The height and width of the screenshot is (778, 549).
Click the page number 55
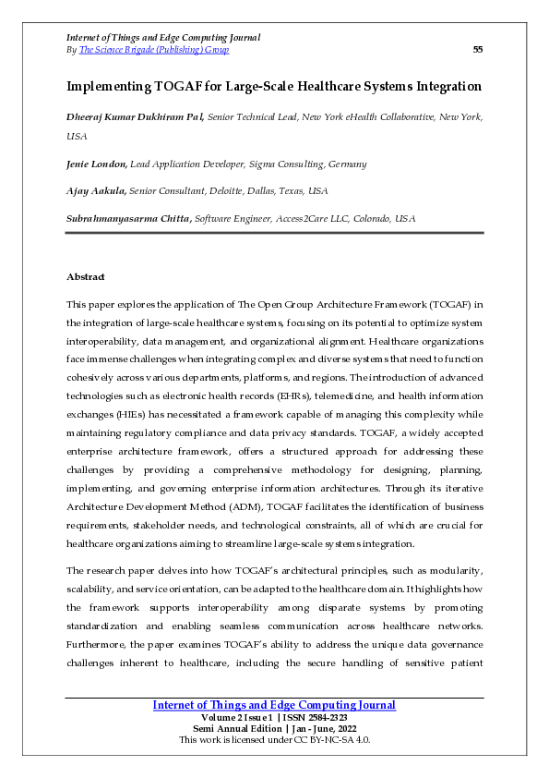pos(477,49)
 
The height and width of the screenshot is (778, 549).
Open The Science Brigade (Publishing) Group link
pos(154,49)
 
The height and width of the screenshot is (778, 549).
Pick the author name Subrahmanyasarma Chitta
pos(129,218)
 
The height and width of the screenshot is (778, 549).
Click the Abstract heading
pos(86,276)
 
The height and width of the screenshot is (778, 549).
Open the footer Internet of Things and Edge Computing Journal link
pos(274,705)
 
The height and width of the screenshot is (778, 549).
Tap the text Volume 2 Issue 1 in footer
pos(235,717)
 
